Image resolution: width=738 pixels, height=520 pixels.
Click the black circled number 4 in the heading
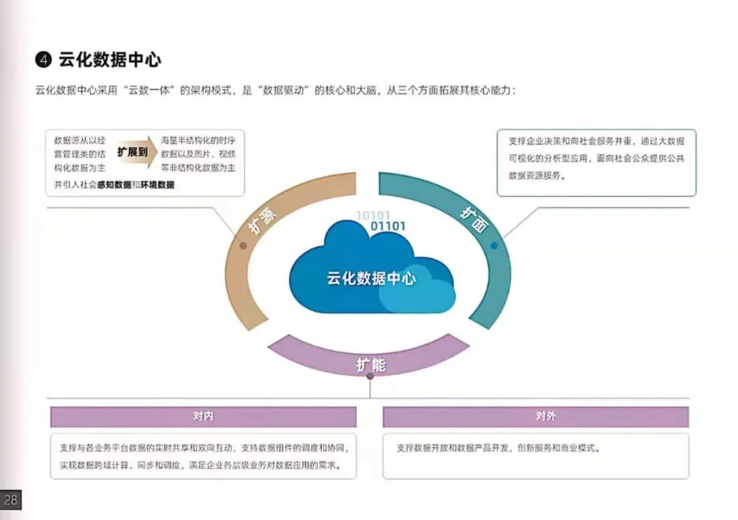point(44,60)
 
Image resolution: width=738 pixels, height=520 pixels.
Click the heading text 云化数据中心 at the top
point(110,60)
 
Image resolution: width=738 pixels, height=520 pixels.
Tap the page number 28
point(10,500)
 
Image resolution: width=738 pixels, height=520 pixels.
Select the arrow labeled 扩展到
point(133,152)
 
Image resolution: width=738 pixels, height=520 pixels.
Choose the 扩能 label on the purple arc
point(370,364)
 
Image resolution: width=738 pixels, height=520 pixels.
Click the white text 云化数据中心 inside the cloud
point(371,278)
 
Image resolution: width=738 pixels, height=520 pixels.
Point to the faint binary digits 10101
point(373,216)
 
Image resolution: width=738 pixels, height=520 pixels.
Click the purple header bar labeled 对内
point(203,416)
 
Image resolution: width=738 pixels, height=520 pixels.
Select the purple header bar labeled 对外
point(536,416)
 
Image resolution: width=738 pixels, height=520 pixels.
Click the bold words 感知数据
point(114,184)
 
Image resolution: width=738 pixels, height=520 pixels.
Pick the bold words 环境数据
point(157,184)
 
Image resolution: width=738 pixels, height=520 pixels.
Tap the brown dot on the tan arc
point(243,245)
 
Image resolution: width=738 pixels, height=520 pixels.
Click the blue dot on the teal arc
point(494,245)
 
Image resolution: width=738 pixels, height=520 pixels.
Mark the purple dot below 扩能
point(370,376)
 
